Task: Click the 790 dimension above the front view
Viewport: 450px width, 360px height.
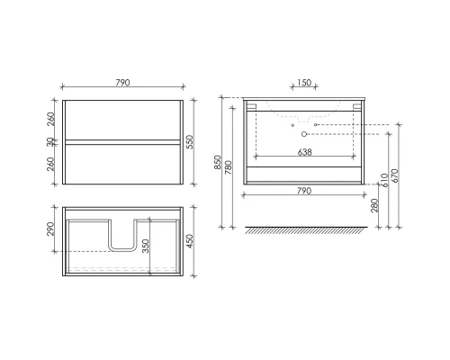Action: [123, 83]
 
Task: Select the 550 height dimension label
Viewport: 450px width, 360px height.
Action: [192, 142]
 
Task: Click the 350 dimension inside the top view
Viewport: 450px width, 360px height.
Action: [145, 245]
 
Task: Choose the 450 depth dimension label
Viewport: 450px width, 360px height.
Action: [192, 245]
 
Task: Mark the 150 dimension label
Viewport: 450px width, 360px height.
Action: [304, 83]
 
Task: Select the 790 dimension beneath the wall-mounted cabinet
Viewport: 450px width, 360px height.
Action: [304, 191]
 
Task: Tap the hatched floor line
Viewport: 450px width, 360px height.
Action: [304, 229]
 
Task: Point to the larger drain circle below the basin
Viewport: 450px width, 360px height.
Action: [303, 132]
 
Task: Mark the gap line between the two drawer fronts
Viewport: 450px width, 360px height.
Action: [123, 142]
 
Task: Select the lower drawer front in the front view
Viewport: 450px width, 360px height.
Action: [123, 163]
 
